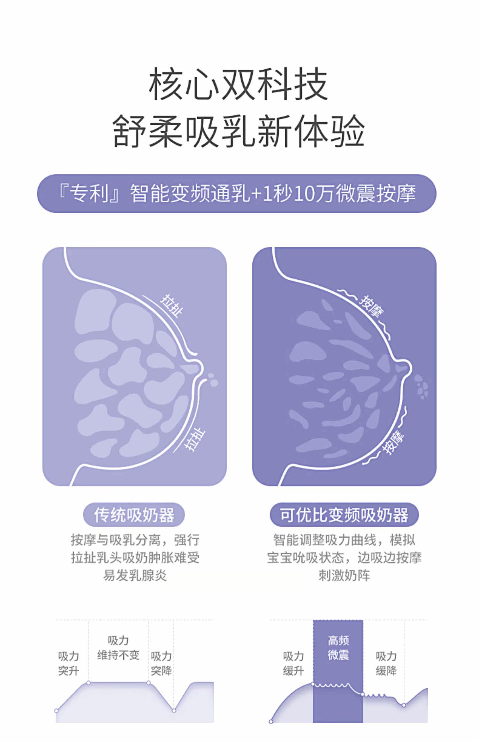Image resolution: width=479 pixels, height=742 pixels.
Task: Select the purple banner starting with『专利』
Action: tap(237, 194)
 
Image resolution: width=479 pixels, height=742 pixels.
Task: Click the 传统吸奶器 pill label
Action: tap(134, 515)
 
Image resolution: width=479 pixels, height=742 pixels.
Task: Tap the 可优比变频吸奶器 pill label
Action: tap(344, 515)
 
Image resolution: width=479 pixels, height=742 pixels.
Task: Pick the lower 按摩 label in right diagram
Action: tap(394, 442)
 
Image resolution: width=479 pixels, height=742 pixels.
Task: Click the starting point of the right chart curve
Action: tap(271, 722)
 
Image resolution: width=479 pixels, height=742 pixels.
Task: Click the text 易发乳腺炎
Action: tap(135, 576)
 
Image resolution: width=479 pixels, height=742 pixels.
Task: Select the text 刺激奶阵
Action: tap(344, 576)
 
